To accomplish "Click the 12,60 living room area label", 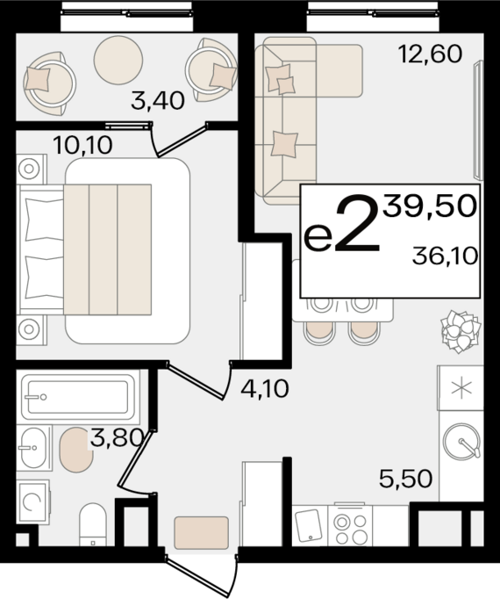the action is [x=430, y=54].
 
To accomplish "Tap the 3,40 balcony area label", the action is [x=158, y=101].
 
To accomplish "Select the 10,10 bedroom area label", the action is [x=82, y=145].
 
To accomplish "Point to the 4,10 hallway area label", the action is [x=265, y=389].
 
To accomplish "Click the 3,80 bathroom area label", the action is [x=117, y=437].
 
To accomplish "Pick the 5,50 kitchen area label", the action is [x=406, y=479].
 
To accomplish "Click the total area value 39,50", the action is [x=430, y=206].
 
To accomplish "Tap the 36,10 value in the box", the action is [x=445, y=256].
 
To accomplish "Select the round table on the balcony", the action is [x=118, y=60].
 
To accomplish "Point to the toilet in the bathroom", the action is [x=93, y=524].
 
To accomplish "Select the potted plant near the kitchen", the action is [x=461, y=331].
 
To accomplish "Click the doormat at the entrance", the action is [x=202, y=532].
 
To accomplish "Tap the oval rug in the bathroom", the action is [x=76, y=450].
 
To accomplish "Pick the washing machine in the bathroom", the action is [x=33, y=502].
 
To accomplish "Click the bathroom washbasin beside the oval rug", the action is [x=33, y=448].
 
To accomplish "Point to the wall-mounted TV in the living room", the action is [x=478, y=120].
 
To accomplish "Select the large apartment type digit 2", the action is [x=357, y=223].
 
